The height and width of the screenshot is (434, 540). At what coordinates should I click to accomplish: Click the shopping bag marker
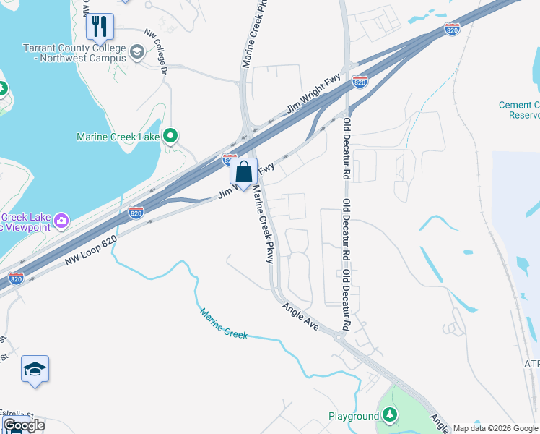coord(244,172)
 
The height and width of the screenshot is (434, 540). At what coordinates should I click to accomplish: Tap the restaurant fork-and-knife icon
coord(100,27)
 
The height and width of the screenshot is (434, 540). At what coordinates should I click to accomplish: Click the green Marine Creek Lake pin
coord(170,136)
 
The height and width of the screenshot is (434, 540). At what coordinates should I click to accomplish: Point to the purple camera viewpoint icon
coord(61,219)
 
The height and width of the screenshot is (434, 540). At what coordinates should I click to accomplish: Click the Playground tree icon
coord(390,415)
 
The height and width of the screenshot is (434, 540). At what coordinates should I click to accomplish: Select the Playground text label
coord(353,416)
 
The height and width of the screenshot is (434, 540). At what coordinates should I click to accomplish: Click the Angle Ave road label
coord(300,316)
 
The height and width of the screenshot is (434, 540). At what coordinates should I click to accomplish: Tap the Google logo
coord(23,425)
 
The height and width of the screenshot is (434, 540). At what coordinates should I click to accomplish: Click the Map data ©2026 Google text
coord(495,428)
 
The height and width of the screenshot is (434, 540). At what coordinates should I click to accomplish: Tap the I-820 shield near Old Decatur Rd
coord(360,82)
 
